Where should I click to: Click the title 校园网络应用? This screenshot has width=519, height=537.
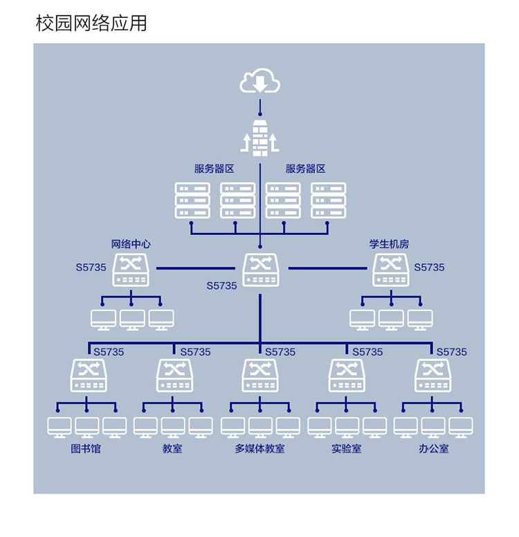click(x=91, y=23)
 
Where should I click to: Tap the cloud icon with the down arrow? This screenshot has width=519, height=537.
click(x=260, y=82)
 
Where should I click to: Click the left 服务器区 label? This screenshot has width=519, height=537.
click(x=214, y=169)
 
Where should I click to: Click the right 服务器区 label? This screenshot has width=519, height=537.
click(x=305, y=169)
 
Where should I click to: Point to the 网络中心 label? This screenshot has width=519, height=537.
click(x=131, y=244)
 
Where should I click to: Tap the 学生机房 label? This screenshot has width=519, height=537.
click(x=389, y=244)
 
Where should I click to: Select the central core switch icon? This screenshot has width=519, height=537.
click(x=261, y=270)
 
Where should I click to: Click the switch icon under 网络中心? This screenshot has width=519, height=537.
click(x=131, y=270)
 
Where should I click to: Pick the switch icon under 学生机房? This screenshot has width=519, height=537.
click(x=391, y=270)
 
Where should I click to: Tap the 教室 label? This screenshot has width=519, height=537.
click(x=172, y=449)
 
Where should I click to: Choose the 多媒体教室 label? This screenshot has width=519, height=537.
click(x=259, y=449)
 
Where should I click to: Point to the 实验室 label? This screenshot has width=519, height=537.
click(x=346, y=449)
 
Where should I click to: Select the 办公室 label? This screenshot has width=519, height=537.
click(x=433, y=449)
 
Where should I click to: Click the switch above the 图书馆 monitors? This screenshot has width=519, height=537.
click(x=89, y=375)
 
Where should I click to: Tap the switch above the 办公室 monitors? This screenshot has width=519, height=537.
click(x=433, y=375)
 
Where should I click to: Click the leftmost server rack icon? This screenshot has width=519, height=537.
click(x=192, y=200)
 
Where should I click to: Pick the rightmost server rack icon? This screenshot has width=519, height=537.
click(x=328, y=200)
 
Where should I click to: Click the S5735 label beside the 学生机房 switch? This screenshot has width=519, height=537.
click(x=429, y=267)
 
